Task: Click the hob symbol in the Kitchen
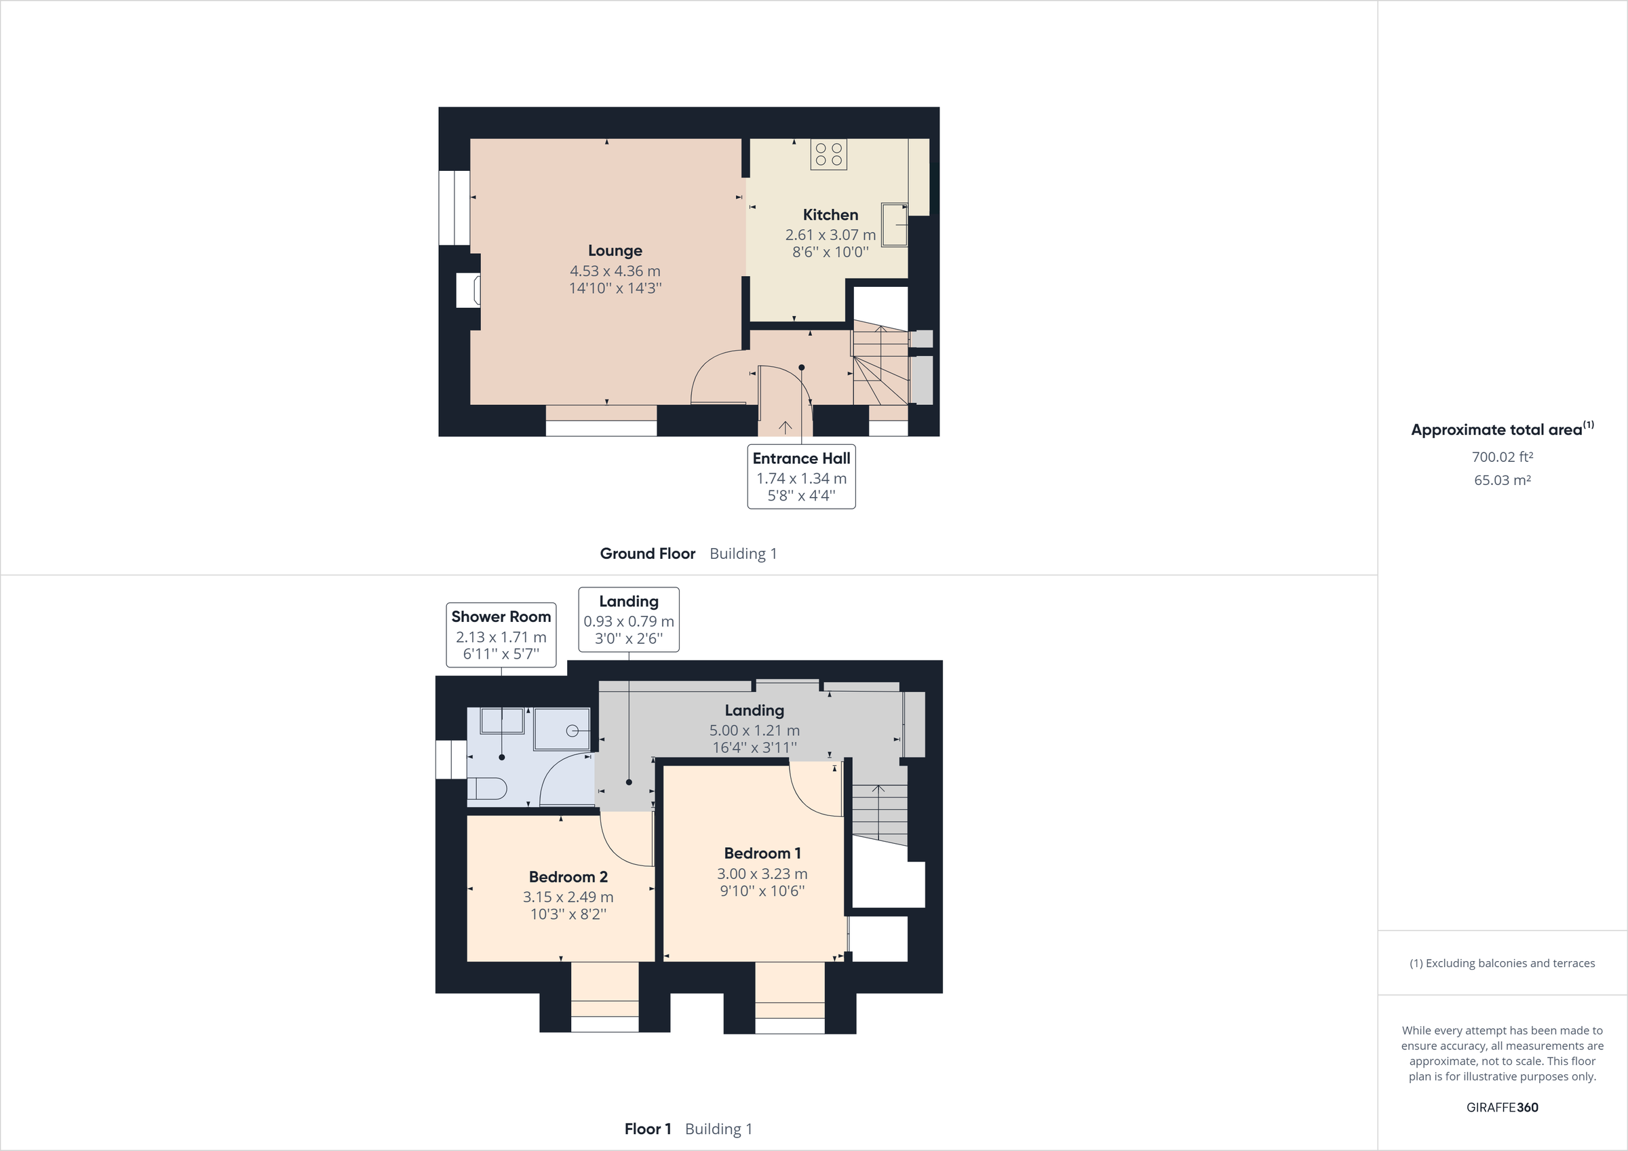828,155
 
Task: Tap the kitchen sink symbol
894,225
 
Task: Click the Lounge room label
615,250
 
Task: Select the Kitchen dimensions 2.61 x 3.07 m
830,235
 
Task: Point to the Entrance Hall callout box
801,477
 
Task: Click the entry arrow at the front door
785,426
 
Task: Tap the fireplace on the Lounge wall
469,290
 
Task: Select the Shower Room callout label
501,617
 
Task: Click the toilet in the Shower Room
488,789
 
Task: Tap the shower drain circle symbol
573,730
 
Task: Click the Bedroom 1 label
762,853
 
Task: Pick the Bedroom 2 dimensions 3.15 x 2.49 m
568,897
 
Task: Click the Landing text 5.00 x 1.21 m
754,730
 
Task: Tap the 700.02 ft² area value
1502,457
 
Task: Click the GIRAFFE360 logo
1502,1107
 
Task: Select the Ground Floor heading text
647,554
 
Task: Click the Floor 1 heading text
647,1129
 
